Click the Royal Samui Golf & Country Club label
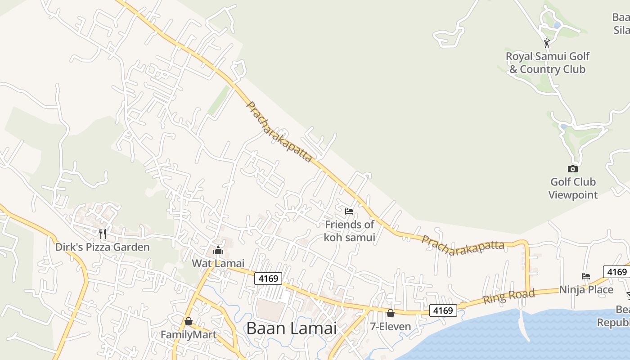click(547, 63)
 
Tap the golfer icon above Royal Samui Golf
click(547, 43)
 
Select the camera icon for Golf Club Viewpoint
click(572, 169)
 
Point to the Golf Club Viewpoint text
click(573, 188)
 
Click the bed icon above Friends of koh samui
click(349, 211)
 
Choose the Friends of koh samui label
click(350, 231)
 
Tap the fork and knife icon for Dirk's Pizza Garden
click(103, 234)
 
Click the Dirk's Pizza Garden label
click(102, 247)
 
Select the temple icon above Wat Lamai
click(218, 250)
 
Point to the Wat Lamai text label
click(218, 263)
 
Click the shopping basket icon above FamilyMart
click(189, 321)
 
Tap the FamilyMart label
click(189, 335)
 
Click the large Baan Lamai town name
click(291, 328)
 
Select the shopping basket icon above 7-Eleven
click(391, 313)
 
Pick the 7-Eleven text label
click(391, 326)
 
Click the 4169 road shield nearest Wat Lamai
click(268, 279)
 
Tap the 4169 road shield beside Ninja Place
click(616, 272)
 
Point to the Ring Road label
click(509, 297)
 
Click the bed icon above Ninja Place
click(586, 276)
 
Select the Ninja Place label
click(586, 289)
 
